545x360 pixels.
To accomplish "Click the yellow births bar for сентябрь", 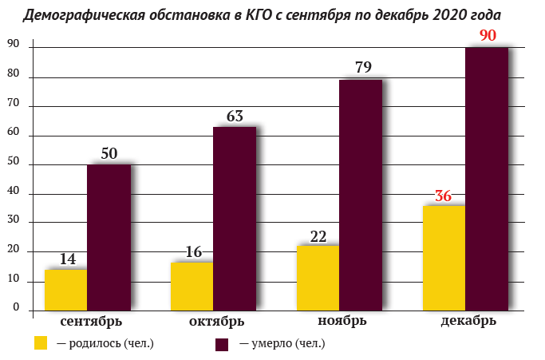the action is [x=65, y=290].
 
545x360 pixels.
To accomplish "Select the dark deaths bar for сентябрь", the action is [x=109, y=238].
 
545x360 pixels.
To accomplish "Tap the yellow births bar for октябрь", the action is [x=192, y=287].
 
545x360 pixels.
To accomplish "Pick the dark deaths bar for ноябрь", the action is [x=361, y=195].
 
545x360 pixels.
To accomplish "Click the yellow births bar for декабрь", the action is [x=444, y=258].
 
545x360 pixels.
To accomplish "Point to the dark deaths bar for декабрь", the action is [x=487, y=179].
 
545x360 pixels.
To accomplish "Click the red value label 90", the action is [x=488, y=35].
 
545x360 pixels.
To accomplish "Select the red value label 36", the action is [x=443, y=196].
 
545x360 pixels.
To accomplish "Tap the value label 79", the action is [x=363, y=67].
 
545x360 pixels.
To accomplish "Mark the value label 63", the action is [x=235, y=117].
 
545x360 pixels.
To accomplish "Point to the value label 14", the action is [x=68, y=259].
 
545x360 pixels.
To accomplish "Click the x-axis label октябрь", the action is [x=216, y=321].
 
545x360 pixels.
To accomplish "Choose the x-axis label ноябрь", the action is [x=342, y=320].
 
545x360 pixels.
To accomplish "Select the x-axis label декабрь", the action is [x=468, y=320].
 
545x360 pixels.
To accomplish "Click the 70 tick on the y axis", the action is [x=13, y=103].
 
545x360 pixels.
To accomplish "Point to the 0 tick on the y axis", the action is [x=16, y=307].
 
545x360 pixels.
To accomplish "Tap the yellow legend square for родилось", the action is [x=41, y=342].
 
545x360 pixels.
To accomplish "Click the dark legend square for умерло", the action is [x=222, y=344].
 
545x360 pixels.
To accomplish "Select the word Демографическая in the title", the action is [x=84, y=15].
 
